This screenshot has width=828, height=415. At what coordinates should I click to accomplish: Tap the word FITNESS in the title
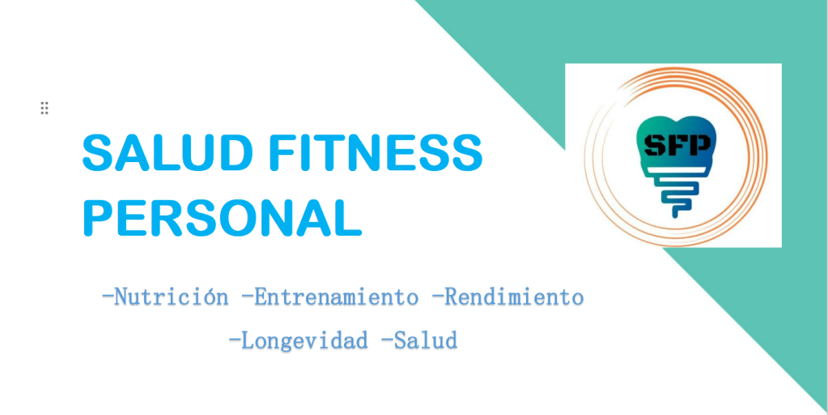tap(376, 152)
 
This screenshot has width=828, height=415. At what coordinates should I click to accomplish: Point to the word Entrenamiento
tap(336, 297)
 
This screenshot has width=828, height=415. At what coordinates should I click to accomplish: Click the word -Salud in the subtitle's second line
tap(418, 340)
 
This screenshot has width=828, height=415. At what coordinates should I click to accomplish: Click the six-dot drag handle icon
tap(45, 108)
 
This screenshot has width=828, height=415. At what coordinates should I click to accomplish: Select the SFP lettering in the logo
tap(677, 143)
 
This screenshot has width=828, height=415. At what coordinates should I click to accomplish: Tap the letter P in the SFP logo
tap(699, 143)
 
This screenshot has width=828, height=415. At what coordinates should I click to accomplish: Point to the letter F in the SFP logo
tap(677, 143)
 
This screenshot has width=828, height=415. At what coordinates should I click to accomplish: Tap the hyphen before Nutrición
tap(108, 297)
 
